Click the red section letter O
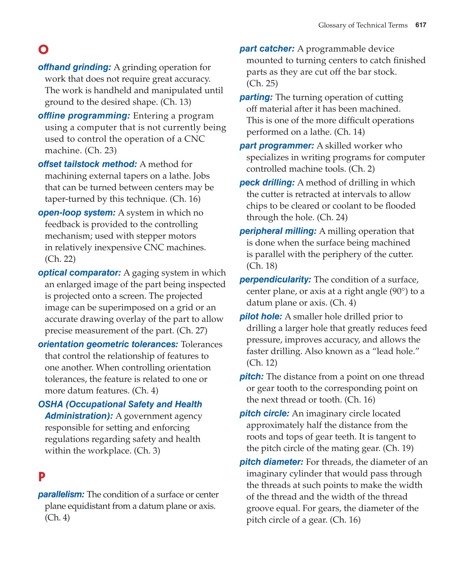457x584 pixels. [x=43, y=49]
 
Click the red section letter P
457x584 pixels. [x=42, y=477]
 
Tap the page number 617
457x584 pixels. [x=421, y=25]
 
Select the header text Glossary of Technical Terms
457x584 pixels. [x=363, y=25]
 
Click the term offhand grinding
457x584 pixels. [x=74, y=68]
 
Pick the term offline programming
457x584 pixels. [x=84, y=116]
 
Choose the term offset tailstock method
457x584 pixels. [x=87, y=164]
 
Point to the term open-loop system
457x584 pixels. [x=77, y=213]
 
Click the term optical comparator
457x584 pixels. [x=79, y=273]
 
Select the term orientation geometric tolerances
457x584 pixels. [x=108, y=344]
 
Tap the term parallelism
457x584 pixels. [x=61, y=494]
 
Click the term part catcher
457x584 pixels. [x=267, y=49]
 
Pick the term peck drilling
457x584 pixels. [x=267, y=183]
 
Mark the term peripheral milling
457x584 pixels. [x=278, y=231]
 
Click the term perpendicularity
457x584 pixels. [x=275, y=280]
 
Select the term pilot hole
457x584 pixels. [x=261, y=317]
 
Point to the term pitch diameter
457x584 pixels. [x=271, y=462]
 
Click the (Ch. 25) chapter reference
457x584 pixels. [x=262, y=83]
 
